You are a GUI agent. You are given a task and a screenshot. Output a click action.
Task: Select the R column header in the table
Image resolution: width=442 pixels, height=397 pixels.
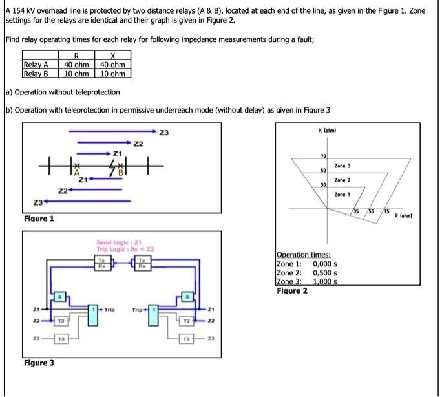click(76, 57)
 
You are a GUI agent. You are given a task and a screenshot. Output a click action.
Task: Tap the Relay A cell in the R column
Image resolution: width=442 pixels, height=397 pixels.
click(76, 65)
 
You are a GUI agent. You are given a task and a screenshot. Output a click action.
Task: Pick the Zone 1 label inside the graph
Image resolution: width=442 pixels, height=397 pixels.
click(342, 194)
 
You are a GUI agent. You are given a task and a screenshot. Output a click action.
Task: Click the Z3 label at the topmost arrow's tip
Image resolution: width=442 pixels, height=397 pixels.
click(164, 133)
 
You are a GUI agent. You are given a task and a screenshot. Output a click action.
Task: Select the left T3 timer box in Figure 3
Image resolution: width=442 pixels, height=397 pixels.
click(59, 339)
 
